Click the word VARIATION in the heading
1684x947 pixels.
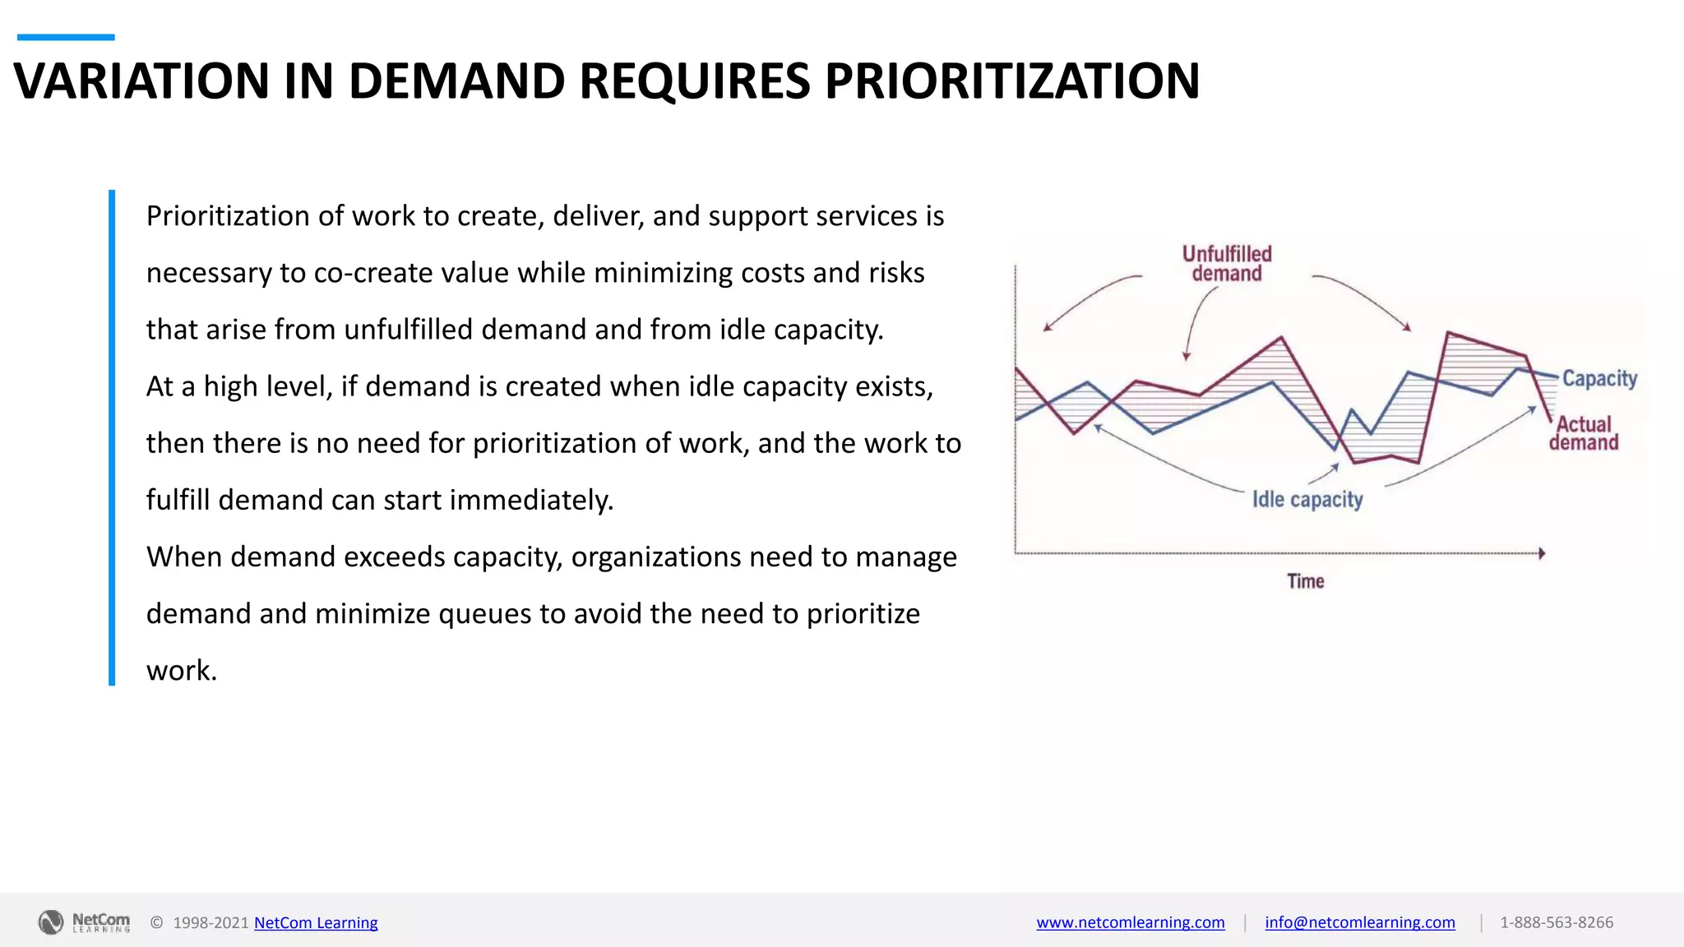coord(141,81)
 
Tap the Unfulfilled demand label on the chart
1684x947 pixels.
coord(1227,264)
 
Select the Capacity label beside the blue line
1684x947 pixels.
coord(1599,379)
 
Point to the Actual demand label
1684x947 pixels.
coord(1584,433)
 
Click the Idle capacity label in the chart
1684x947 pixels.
coord(1307,500)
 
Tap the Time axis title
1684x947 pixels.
coord(1305,581)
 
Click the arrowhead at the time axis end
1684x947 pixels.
coord(1542,553)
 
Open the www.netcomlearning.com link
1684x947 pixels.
coord(1130,922)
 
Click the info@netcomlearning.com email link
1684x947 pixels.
coord(1359,922)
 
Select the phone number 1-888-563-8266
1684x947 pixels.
coord(1556,922)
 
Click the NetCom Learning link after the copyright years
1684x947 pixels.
coord(316,922)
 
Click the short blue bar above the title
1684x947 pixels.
coord(66,37)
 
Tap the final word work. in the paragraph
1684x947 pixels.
coord(182,670)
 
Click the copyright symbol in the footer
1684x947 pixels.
coord(156,922)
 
